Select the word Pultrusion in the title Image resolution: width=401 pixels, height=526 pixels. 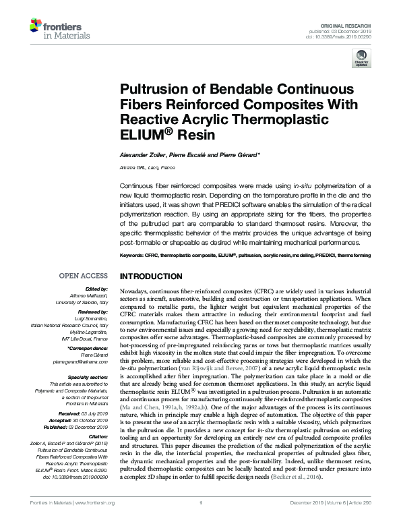coord(152,90)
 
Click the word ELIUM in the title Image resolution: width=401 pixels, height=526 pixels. coord(144,135)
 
